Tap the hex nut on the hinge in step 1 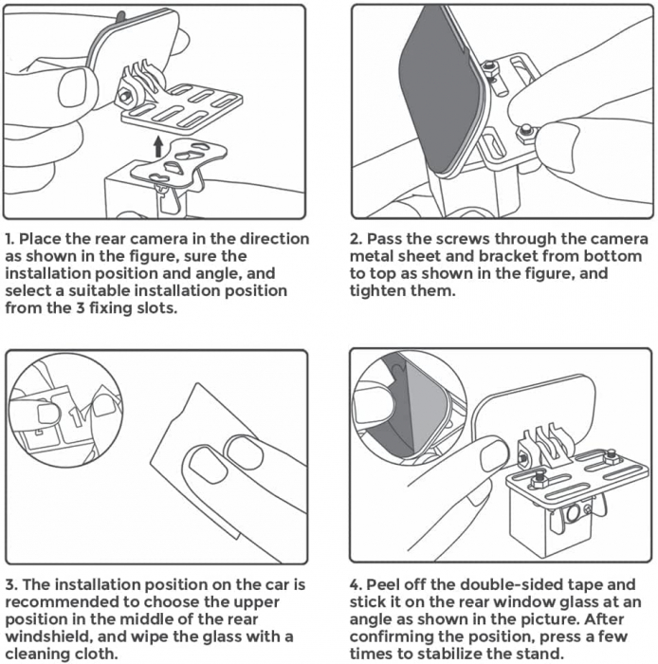coord(124,96)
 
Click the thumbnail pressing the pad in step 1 coord(79,88)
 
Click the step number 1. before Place coord(10,238)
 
